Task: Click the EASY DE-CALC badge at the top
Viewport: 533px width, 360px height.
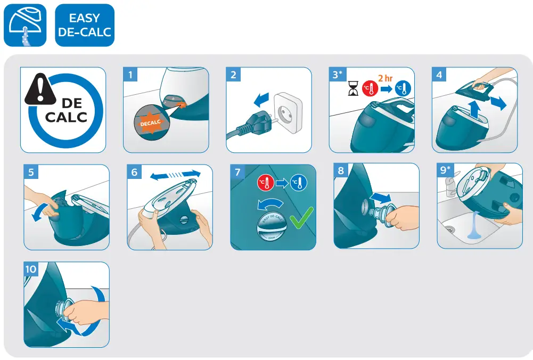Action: [85, 25]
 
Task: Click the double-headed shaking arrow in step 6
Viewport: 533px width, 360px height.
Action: [175, 175]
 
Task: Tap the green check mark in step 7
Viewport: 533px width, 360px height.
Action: [301, 218]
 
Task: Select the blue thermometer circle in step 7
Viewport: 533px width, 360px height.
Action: [299, 184]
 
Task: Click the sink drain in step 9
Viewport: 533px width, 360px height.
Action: [449, 230]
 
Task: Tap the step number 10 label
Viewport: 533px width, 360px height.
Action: [31, 269]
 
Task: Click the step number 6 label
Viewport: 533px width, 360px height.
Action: [135, 172]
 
